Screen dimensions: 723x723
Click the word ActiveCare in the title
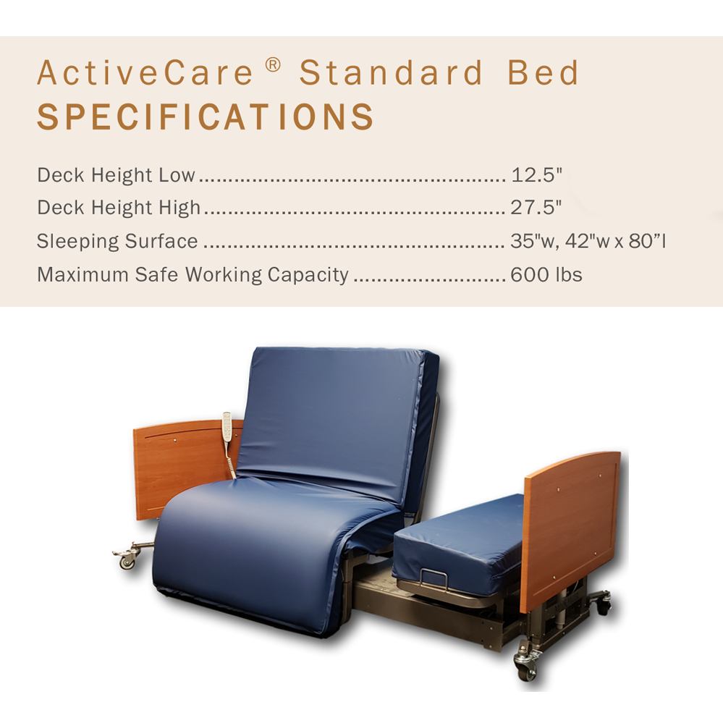[145, 74]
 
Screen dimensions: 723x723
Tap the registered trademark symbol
[272, 65]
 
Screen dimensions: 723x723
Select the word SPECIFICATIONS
[206, 118]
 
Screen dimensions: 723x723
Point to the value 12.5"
[536, 175]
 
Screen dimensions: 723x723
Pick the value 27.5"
[536, 208]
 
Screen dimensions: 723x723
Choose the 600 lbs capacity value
[546, 275]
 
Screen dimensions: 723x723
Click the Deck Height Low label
[116, 175]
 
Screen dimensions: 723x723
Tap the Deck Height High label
[119, 208]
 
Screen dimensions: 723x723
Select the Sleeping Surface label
[117, 242]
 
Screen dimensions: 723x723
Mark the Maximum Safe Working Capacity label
[193, 275]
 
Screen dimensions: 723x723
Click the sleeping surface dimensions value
[588, 242]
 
